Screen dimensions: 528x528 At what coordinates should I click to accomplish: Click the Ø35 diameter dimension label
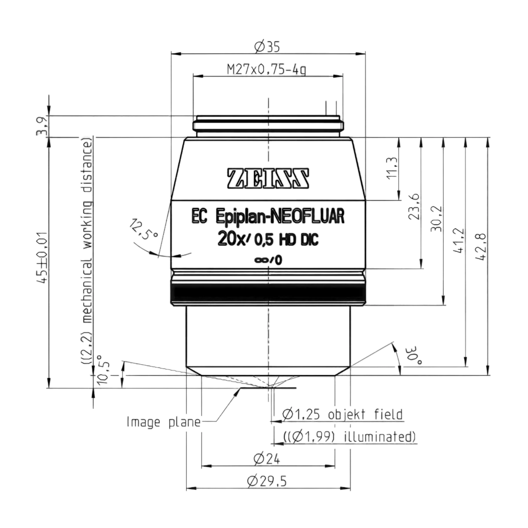point(268,47)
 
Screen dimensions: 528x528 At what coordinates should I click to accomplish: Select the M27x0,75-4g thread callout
point(266,70)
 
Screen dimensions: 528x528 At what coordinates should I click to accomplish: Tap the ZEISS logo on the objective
point(268,179)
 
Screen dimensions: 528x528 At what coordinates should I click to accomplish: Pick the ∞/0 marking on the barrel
point(268,260)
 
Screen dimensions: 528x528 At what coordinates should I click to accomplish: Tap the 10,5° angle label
point(103,369)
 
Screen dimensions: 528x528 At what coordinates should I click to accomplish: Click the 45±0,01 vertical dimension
point(44,258)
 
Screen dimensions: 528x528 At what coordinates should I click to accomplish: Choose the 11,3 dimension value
point(392,168)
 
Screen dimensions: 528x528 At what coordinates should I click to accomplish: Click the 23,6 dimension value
point(414,207)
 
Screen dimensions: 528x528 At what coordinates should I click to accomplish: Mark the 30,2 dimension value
point(436,219)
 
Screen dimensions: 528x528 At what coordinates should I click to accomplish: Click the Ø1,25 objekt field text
point(342,414)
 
